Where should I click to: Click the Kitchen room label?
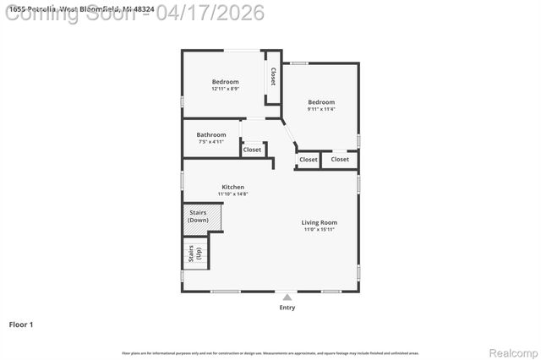(x=233, y=187)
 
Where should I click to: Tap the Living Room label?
(x=320, y=223)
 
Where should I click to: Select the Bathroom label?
(x=211, y=135)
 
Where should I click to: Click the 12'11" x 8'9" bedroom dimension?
(x=225, y=89)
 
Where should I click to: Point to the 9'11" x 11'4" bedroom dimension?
(x=321, y=109)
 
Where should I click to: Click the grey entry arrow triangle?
(x=287, y=297)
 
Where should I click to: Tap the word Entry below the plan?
(x=287, y=308)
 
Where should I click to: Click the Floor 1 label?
(x=21, y=325)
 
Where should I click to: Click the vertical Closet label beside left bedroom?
(x=273, y=77)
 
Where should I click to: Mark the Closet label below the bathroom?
(x=252, y=150)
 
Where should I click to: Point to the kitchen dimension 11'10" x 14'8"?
(x=233, y=194)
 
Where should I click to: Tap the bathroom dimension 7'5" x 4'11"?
(x=211, y=142)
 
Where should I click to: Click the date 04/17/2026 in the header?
(x=216, y=12)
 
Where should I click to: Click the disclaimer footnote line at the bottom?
(x=270, y=352)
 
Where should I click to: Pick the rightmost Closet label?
(x=340, y=159)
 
